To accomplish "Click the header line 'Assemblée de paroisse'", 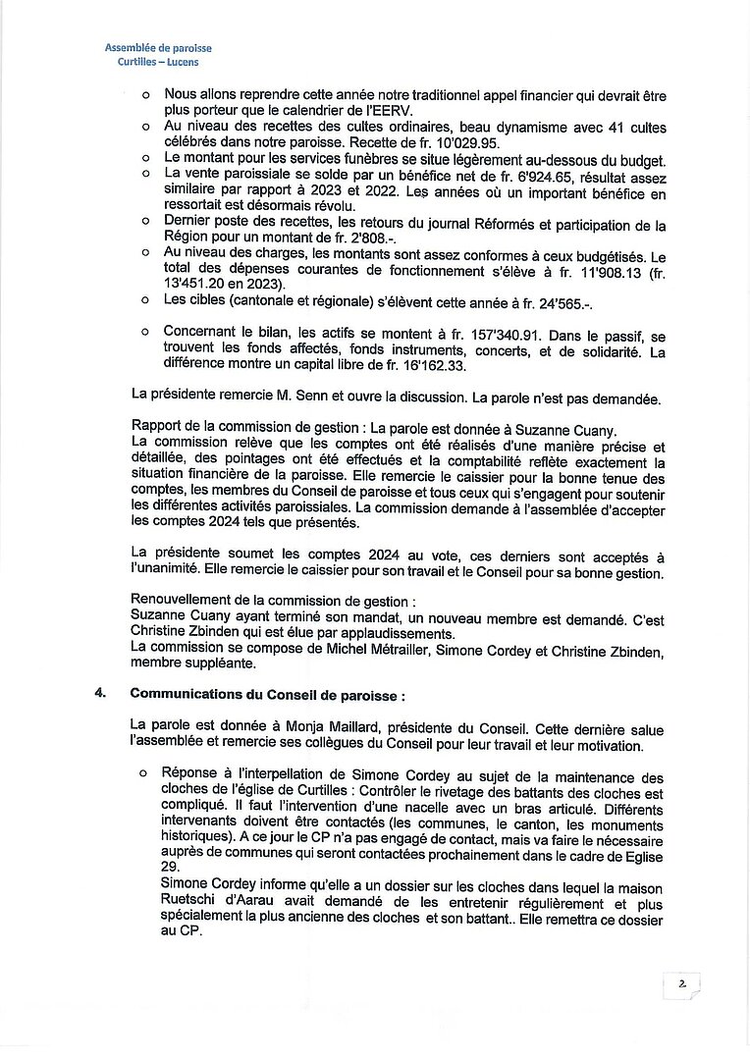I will click(158, 48).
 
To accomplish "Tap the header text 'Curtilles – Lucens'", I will click(158, 62).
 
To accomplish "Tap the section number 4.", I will click(100, 694).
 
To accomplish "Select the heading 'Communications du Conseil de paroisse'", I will click(266, 695).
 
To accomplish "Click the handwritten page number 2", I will click(680, 982).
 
